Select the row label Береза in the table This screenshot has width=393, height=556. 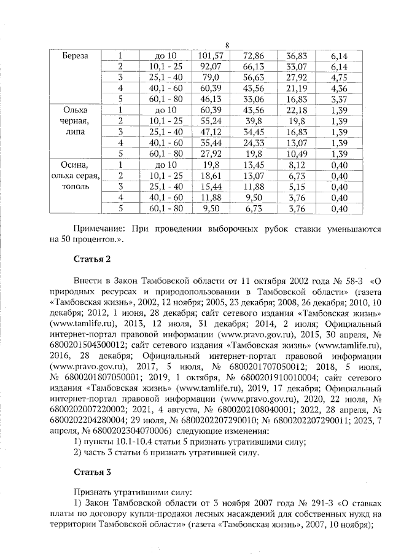point(75,55)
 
